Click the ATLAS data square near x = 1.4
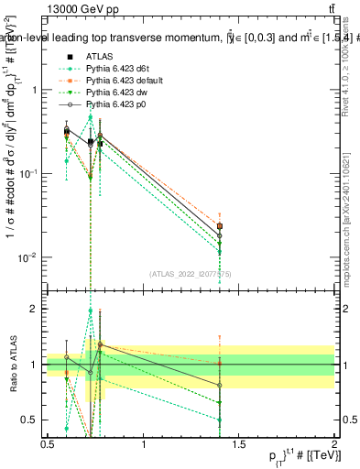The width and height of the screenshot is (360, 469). [x=219, y=225]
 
